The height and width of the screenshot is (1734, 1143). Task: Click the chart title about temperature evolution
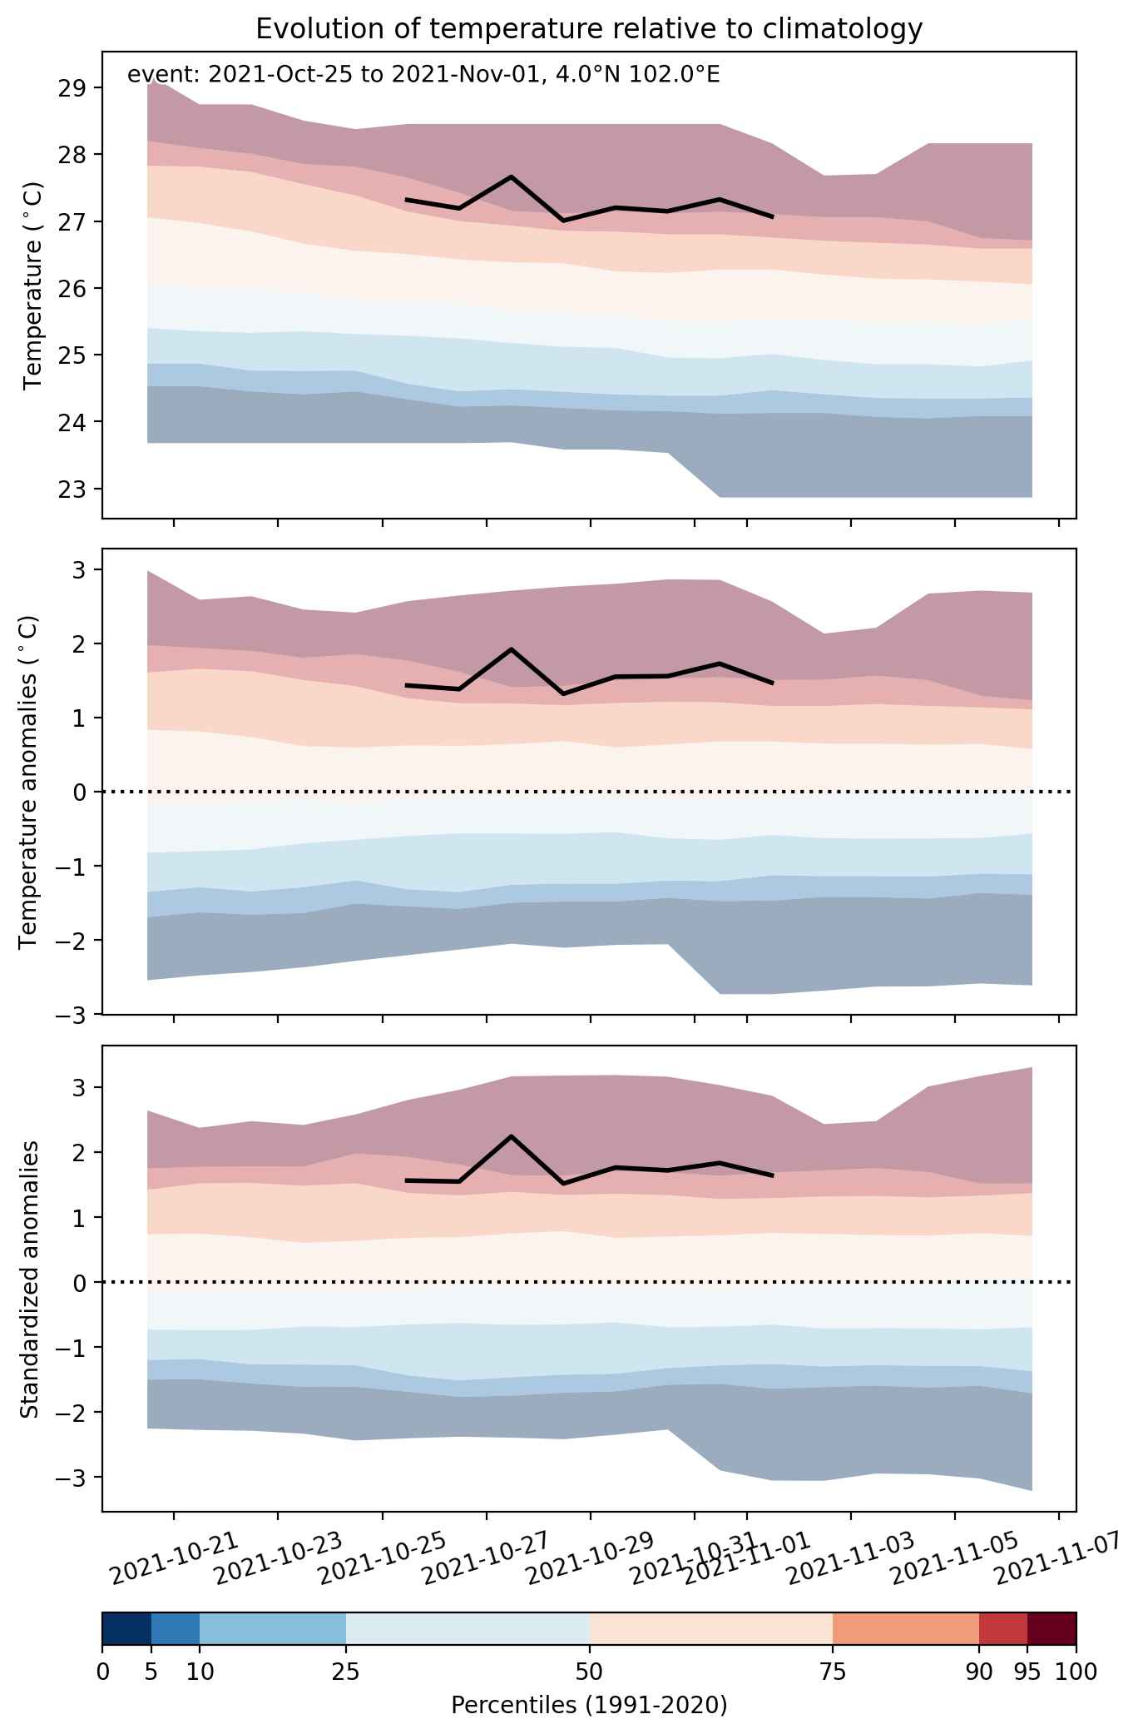click(x=589, y=29)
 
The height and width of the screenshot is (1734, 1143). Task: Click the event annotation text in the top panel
click(x=423, y=75)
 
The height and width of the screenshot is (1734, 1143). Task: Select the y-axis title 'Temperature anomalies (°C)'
click(x=29, y=782)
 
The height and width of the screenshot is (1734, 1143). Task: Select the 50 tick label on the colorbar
click(x=589, y=1671)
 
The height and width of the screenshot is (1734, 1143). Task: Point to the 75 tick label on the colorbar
click(x=833, y=1671)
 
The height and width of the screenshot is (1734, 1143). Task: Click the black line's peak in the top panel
click(x=511, y=176)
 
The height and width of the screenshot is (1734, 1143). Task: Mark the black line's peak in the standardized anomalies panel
click(x=511, y=1136)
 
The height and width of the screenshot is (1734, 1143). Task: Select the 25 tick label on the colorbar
click(x=346, y=1671)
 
